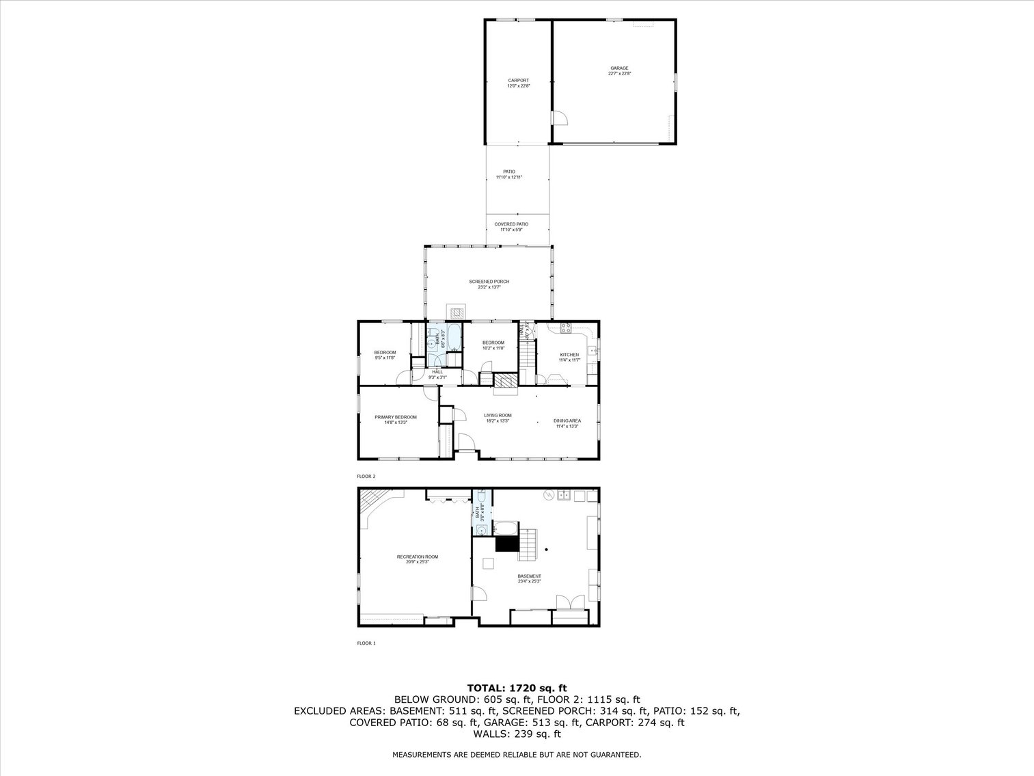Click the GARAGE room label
tap(619, 68)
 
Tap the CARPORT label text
tap(518, 81)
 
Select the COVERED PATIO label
tap(511, 224)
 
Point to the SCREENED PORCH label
tap(489, 282)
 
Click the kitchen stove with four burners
tap(566, 328)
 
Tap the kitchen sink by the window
tap(594, 351)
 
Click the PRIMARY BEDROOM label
tap(395, 417)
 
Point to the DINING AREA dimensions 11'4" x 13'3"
tap(567, 426)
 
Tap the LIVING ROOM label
tap(498, 415)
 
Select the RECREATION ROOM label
tap(417, 557)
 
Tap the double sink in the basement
tap(564, 495)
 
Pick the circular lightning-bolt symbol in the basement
tap(547, 494)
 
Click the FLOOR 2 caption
tap(366, 477)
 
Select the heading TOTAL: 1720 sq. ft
tap(517, 688)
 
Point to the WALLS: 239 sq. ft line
tap(517, 734)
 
